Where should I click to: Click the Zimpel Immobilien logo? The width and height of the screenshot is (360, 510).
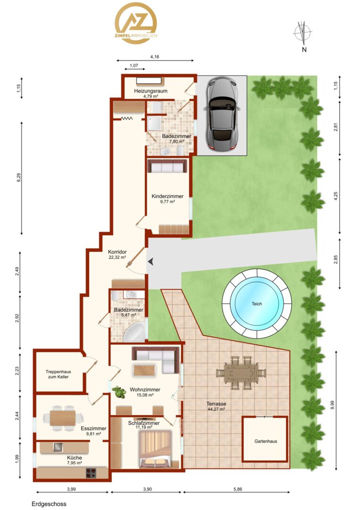136,23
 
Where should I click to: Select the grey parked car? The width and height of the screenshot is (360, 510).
222,114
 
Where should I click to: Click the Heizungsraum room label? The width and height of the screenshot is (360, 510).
151,91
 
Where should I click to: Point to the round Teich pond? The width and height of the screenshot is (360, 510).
257,304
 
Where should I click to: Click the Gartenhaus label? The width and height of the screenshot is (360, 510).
266,442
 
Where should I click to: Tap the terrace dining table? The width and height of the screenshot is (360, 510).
242,373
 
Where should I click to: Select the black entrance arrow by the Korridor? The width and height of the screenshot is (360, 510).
151,261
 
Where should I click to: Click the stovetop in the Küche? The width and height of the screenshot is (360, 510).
91,473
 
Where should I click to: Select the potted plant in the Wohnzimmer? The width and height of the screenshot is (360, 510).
119,392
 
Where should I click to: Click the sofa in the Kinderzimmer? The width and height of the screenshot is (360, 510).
167,166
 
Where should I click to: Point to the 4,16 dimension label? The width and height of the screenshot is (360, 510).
155,57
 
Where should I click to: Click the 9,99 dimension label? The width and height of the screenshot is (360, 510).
332,405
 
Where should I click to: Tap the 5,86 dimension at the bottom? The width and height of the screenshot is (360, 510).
237,489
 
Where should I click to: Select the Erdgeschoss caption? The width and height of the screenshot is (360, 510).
49,504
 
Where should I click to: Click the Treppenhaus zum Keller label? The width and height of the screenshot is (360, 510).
58,374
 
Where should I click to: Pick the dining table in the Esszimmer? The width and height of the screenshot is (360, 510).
63,418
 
